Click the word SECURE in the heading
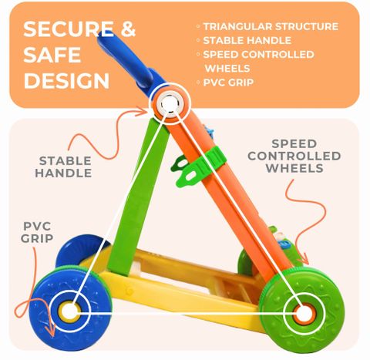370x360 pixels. click(x=69, y=29)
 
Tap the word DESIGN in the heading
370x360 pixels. click(x=66, y=81)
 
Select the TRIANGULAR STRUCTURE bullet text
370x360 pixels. click(x=271, y=26)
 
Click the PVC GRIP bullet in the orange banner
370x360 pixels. click(x=228, y=82)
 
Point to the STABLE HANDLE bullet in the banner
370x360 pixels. click(x=247, y=40)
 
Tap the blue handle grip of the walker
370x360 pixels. click(x=129, y=59)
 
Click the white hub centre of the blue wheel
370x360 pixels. click(x=69, y=311)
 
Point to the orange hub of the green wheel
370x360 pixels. click(x=304, y=315)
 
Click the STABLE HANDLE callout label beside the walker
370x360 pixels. click(x=63, y=167)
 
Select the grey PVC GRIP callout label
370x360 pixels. click(x=37, y=232)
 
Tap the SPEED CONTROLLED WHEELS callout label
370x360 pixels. click(x=294, y=156)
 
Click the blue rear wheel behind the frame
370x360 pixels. click(x=81, y=251)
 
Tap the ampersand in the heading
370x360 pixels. click(x=128, y=29)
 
